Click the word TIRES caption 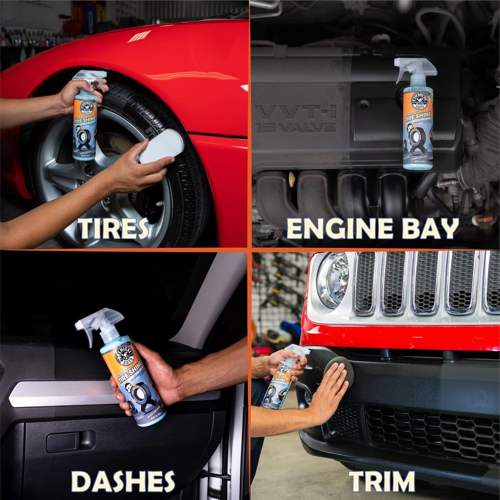point(113,229)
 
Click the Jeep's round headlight point(332,280)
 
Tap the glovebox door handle point(71,442)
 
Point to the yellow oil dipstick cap point(292,179)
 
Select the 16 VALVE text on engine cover point(296,127)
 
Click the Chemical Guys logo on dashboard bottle point(126,355)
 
